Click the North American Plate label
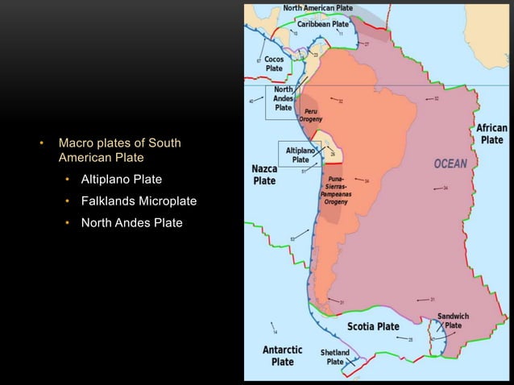coord(317,8)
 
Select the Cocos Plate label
coord(274,64)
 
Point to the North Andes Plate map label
coord(284,98)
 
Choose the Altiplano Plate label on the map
coord(300,155)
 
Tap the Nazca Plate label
coord(264,175)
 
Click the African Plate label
coord(491,134)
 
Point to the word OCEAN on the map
coord(450,164)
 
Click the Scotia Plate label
coord(373,326)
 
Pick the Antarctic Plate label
coord(282,355)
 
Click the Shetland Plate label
coord(335,357)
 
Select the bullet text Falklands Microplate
coord(139,201)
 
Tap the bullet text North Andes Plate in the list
coord(131,222)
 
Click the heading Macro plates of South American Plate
coord(119,150)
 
